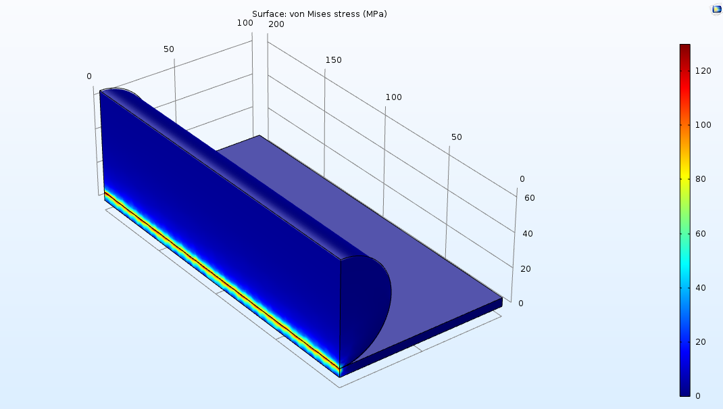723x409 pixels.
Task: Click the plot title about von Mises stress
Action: tap(319, 14)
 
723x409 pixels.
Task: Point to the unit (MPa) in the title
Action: tap(374, 14)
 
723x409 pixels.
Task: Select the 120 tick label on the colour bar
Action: tap(703, 70)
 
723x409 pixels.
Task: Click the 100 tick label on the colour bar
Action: tap(703, 125)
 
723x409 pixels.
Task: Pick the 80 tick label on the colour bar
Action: tap(701, 179)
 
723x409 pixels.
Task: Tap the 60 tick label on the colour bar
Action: tap(701, 233)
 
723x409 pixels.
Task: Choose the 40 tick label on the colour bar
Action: tap(701, 288)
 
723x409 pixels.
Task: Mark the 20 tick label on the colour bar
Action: tap(701, 341)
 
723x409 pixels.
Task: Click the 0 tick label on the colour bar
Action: tap(697, 396)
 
